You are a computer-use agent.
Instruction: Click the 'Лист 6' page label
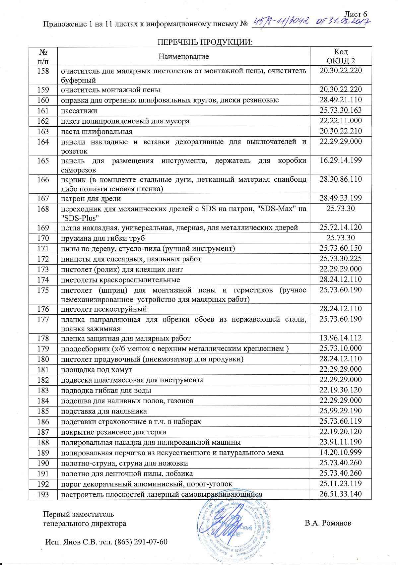click(356, 14)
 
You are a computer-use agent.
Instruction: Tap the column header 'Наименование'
click(184, 56)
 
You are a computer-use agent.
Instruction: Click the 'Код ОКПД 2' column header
click(341, 56)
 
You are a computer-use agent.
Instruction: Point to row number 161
click(43, 111)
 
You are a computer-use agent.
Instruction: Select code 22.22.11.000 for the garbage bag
click(341, 121)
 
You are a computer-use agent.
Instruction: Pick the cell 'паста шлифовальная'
click(97, 132)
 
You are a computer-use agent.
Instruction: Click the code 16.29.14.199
click(341, 160)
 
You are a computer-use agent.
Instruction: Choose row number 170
click(43, 238)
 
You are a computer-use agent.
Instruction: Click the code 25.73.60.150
click(341, 248)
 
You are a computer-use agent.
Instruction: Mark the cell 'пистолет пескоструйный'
click(104, 309)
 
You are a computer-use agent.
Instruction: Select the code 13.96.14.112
click(341, 338)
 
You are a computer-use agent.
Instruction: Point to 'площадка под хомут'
click(97, 369)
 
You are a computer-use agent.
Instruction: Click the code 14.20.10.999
click(341, 452)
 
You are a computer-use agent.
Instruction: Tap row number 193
click(43, 494)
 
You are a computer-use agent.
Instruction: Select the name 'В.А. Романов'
click(328, 523)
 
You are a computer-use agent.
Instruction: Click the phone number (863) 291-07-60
click(141, 542)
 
